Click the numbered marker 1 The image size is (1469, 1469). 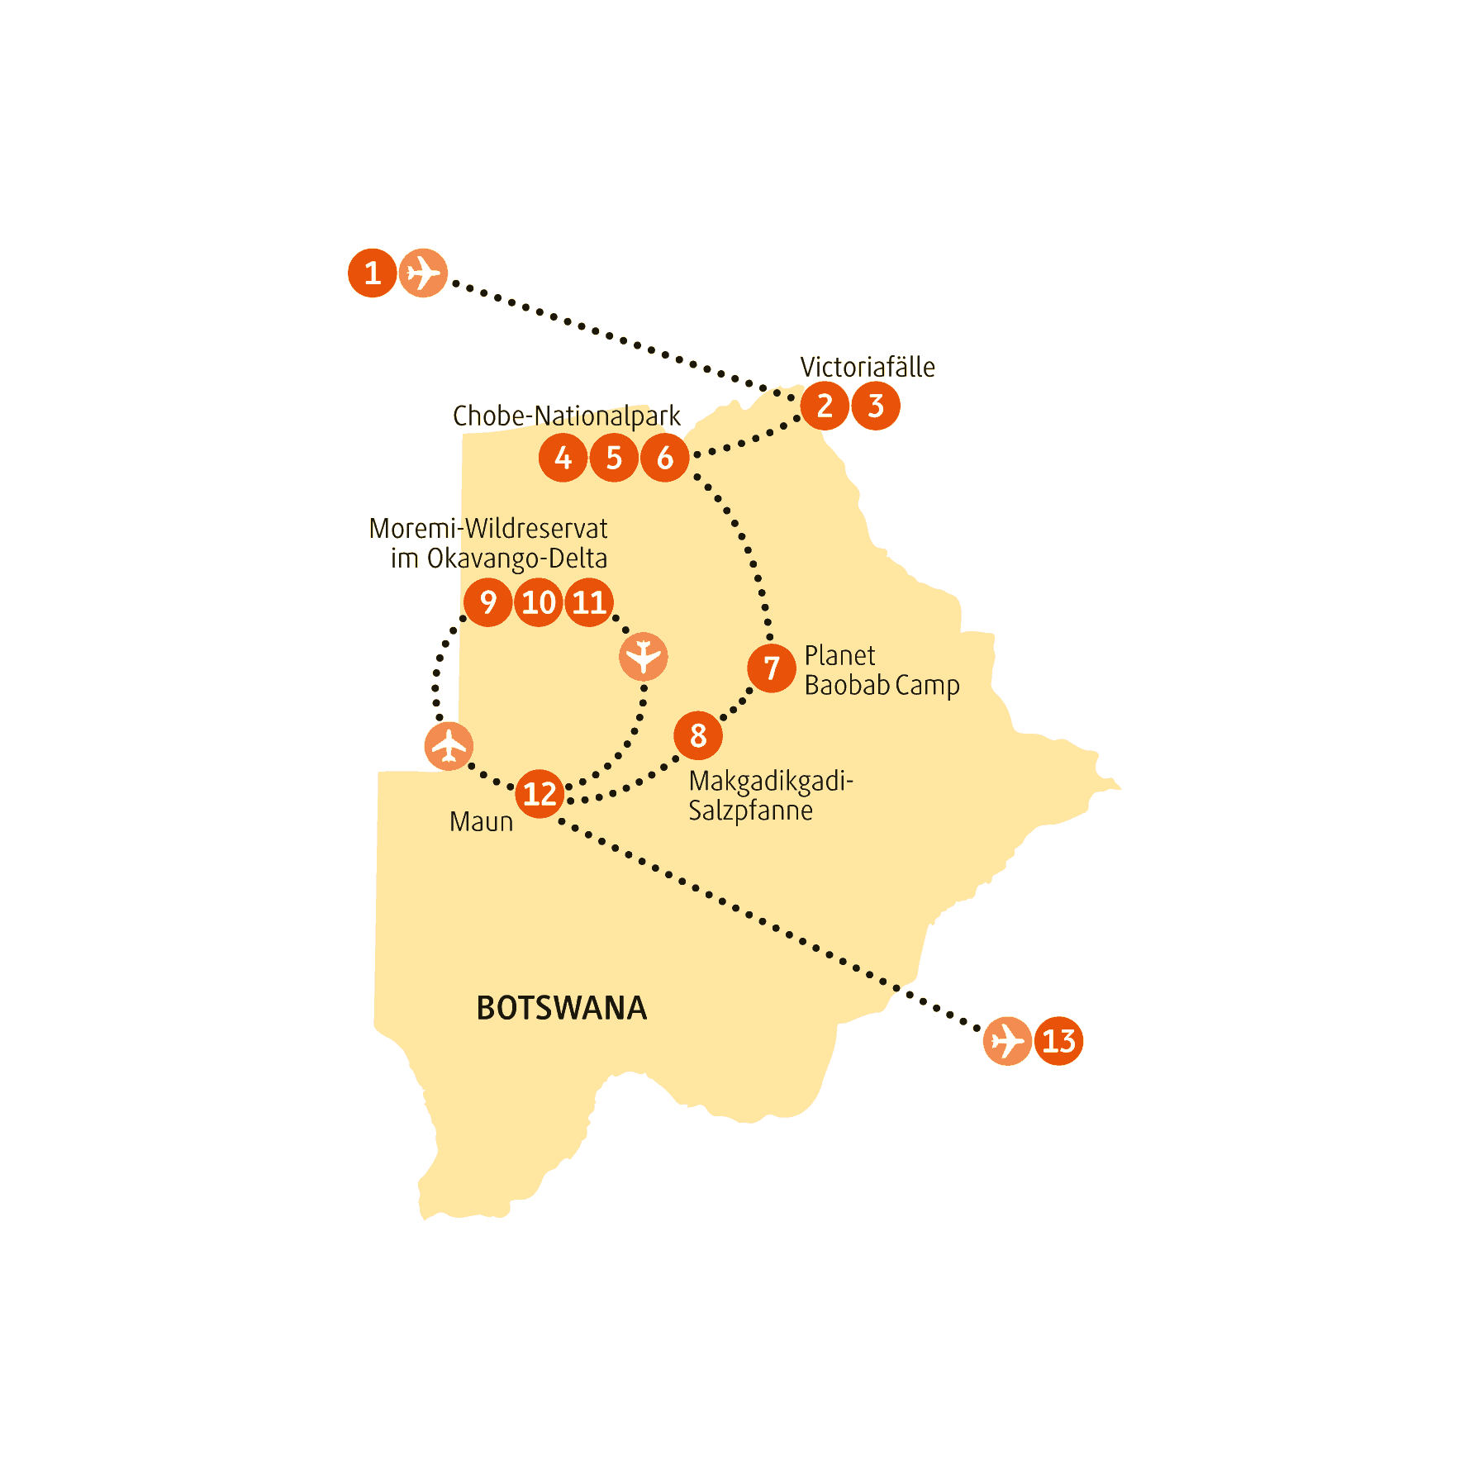pyautogui.click(x=372, y=273)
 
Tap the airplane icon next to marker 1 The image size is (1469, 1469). pyautogui.click(x=423, y=273)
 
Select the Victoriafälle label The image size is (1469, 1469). pyautogui.click(x=868, y=367)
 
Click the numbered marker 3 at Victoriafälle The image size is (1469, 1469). pyautogui.click(x=876, y=406)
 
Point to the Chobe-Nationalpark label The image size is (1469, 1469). pyautogui.click(x=567, y=416)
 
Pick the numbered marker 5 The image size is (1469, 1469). pyautogui.click(x=614, y=458)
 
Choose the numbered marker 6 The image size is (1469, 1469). pyautogui.click(x=665, y=458)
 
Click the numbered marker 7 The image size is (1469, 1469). pyautogui.click(x=772, y=668)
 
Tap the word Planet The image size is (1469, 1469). pyautogui.click(x=839, y=655)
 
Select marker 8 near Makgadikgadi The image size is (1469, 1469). pyautogui.click(x=698, y=735)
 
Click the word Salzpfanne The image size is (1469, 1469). pyautogui.click(x=751, y=811)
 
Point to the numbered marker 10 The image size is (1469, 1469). pyautogui.click(x=539, y=602)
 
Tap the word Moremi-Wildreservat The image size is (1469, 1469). pyautogui.click(x=488, y=528)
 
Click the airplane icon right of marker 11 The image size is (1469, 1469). pyautogui.click(x=644, y=657)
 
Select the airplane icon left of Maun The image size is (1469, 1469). pyautogui.click(x=449, y=746)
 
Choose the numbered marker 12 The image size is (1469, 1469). pyautogui.click(x=540, y=794)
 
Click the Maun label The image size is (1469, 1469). pyautogui.click(x=482, y=822)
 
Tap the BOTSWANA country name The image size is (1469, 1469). pyautogui.click(x=562, y=1008)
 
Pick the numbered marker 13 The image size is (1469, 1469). pyautogui.click(x=1058, y=1041)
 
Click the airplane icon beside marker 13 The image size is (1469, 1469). pyautogui.click(x=1007, y=1041)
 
